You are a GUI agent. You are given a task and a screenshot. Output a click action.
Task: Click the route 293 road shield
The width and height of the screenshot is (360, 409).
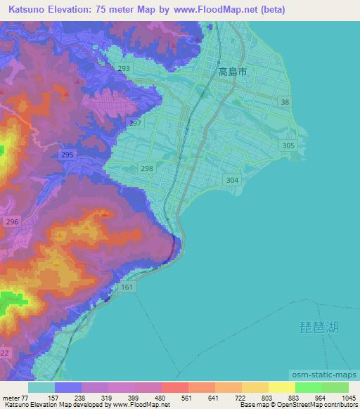pyautogui.click(x=124, y=69)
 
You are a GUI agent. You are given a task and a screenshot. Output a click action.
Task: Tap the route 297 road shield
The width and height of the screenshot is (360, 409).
pyautogui.click(x=136, y=123)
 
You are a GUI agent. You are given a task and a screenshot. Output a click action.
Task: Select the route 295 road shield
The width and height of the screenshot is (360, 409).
pyautogui.click(x=67, y=155)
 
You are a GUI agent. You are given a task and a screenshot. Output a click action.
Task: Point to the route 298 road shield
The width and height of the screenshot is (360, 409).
pyautogui.click(x=146, y=168)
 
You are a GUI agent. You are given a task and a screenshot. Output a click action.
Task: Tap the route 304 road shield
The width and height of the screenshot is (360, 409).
pyautogui.click(x=233, y=180)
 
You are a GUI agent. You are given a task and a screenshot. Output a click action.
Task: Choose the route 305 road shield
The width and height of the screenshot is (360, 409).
pyautogui.click(x=288, y=145)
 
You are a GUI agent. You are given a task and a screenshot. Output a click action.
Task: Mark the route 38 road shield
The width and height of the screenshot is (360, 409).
pyautogui.click(x=285, y=103)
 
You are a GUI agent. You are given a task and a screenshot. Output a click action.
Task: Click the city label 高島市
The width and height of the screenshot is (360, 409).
pyautogui.click(x=233, y=72)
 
